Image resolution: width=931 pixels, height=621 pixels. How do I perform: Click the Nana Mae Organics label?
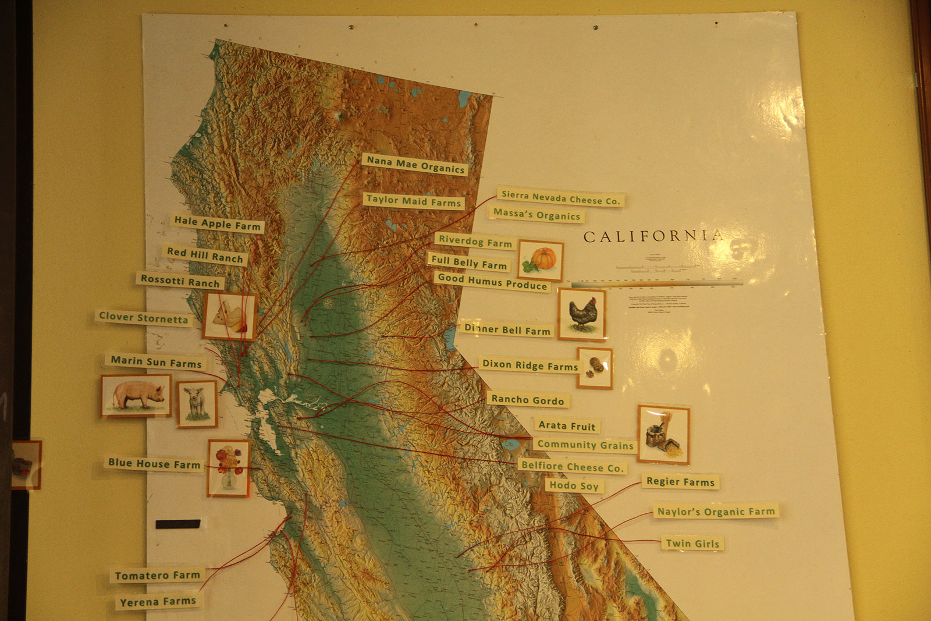(x=415, y=164)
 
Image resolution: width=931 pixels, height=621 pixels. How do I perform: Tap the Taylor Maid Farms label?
(x=413, y=201)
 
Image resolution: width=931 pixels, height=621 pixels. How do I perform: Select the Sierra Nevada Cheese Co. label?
(x=560, y=198)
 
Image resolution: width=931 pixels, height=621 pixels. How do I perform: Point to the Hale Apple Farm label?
(x=217, y=223)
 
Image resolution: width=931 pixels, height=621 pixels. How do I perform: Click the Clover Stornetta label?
(x=143, y=318)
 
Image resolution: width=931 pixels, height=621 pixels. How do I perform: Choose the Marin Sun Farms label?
(x=156, y=362)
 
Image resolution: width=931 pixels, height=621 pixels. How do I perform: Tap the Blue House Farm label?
(x=154, y=463)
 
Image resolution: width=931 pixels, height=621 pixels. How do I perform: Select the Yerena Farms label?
(x=158, y=601)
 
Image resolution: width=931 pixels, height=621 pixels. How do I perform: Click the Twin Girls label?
(x=692, y=544)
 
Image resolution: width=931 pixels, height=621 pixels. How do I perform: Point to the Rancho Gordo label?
(x=527, y=400)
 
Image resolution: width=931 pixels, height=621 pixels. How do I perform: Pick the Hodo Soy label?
(x=574, y=485)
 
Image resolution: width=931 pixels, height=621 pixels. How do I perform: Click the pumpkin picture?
(x=541, y=260)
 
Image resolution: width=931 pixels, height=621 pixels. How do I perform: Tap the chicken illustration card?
(x=582, y=314)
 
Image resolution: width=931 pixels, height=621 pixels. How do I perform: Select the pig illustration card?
(x=136, y=396)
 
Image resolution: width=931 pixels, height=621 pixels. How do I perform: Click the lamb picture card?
(x=197, y=403)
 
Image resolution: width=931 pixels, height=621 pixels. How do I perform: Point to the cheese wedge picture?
(x=229, y=317)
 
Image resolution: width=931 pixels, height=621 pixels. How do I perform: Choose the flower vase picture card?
(x=229, y=467)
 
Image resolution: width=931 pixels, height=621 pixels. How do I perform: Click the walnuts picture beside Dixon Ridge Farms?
(x=595, y=368)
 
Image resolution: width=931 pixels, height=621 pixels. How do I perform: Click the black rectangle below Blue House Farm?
(x=178, y=524)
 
